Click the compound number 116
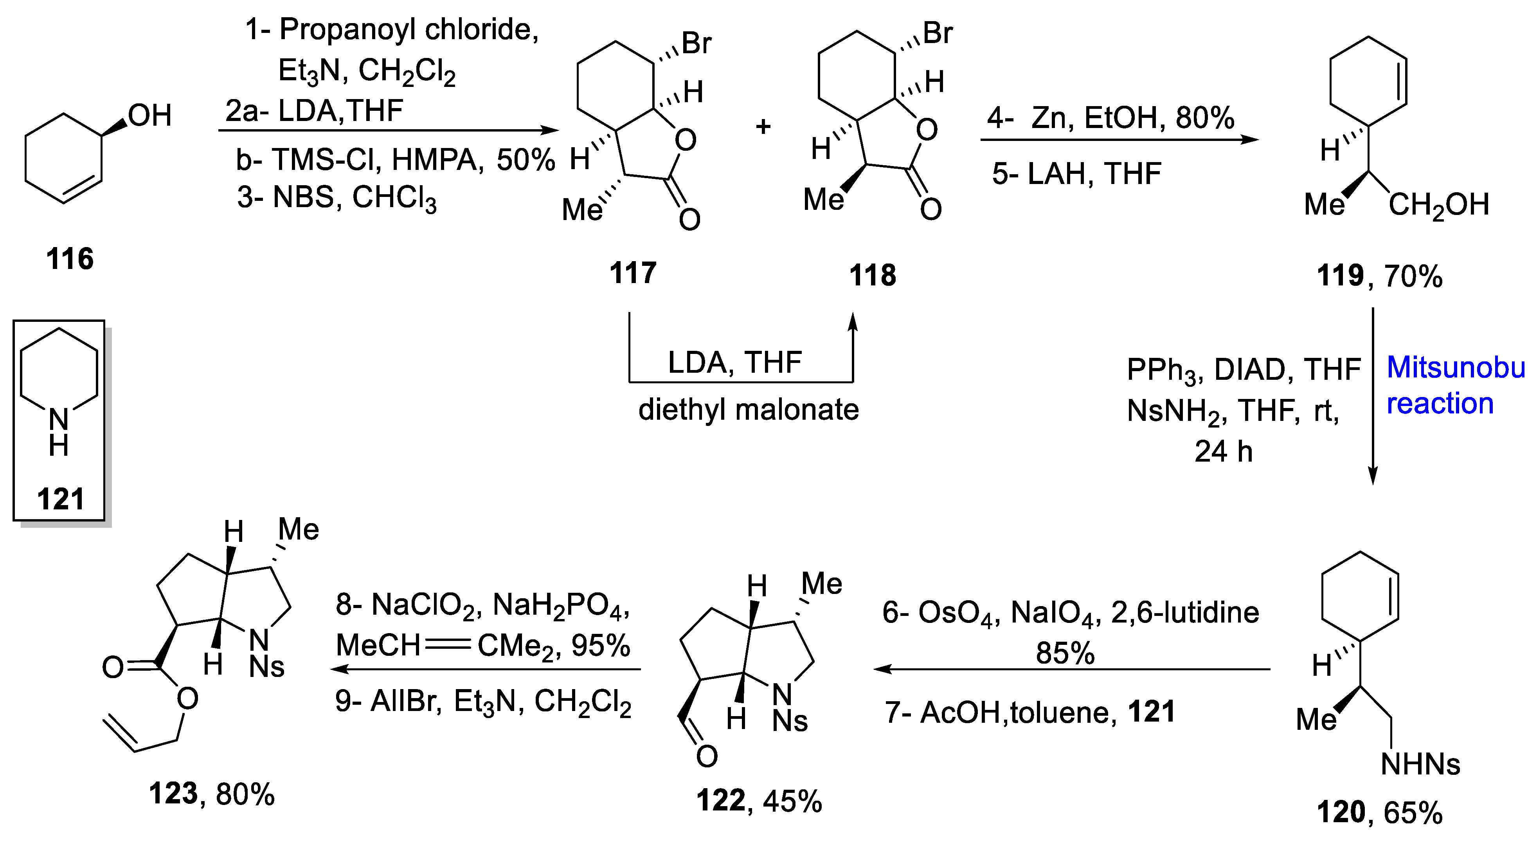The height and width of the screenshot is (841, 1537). tap(70, 259)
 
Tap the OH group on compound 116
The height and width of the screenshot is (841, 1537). tap(149, 115)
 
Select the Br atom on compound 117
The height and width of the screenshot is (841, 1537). tap(696, 43)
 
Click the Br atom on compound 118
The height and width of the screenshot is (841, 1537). tap(938, 33)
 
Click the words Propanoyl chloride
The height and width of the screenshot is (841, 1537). tap(409, 29)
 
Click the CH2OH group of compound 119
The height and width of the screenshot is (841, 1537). tap(1438, 205)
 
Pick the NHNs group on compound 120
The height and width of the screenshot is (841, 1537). tap(1420, 765)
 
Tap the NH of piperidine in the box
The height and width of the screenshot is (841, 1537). tap(58, 431)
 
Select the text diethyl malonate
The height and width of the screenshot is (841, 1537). tap(748, 410)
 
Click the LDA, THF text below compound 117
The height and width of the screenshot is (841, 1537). tap(734, 362)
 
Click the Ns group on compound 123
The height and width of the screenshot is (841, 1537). tap(267, 667)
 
